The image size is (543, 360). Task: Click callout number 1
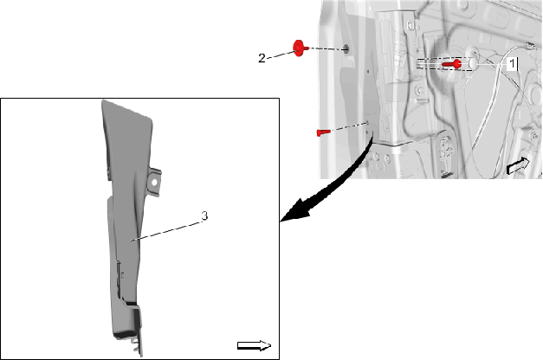[x=512, y=64]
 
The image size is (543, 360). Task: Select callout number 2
[x=262, y=58]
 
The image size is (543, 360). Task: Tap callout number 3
[x=204, y=215]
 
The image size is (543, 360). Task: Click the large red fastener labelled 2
[x=300, y=48]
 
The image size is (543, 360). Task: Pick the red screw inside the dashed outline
[x=452, y=64]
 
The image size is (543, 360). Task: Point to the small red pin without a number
[x=323, y=132]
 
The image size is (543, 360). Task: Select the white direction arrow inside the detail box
[x=255, y=345]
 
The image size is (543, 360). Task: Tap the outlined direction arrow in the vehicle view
[x=518, y=166]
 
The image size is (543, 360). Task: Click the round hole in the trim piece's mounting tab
[x=154, y=182]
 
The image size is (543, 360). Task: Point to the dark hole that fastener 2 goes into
[x=346, y=49]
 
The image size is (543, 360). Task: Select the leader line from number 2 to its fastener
[x=281, y=55]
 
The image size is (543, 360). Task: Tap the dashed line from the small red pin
[x=349, y=126]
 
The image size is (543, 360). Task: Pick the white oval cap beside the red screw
[x=473, y=63]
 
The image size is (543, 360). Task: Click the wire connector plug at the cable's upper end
[x=529, y=45]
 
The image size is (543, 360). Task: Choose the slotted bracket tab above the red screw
[x=410, y=25]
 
